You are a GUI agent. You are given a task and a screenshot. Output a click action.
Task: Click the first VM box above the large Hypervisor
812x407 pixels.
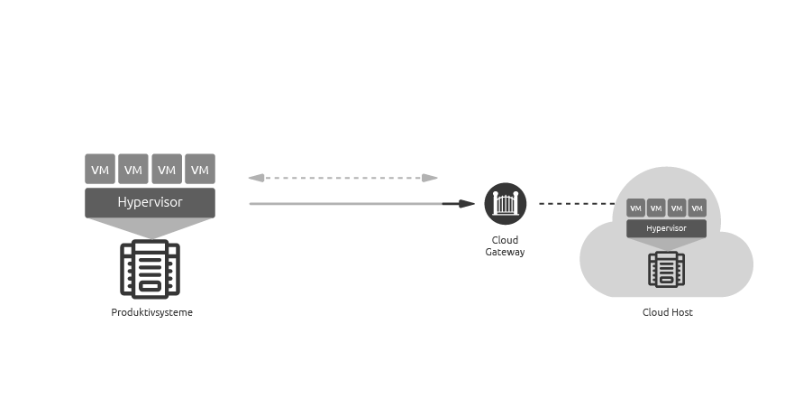[100, 169]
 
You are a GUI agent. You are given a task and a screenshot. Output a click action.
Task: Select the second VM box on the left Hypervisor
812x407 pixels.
[133, 169]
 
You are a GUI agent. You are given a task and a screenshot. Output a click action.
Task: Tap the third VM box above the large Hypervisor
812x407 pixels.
[167, 169]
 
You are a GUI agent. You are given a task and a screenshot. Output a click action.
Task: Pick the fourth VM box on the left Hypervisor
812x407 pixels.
[200, 169]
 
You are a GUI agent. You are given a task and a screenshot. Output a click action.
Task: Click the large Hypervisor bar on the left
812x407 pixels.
[150, 202]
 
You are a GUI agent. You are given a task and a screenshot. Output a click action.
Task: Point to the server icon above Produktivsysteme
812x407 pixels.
[150, 269]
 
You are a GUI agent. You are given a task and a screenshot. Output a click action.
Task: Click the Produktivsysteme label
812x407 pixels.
[151, 312]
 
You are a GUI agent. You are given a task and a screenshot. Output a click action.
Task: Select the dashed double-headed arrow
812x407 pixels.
[342, 178]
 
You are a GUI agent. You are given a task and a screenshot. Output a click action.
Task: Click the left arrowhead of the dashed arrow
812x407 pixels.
[254, 178]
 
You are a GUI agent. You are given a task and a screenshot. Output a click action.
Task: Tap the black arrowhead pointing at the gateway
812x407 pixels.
[466, 204]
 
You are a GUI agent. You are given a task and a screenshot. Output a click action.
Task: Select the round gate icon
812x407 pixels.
[506, 203]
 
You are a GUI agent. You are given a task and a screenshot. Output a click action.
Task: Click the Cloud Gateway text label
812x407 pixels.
[505, 245]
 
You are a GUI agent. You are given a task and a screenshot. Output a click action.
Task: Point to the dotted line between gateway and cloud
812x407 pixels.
[575, 204]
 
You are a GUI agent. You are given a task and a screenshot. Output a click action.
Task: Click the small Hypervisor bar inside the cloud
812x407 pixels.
[666, 228]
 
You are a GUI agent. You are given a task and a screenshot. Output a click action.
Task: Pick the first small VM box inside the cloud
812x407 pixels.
[635, 208]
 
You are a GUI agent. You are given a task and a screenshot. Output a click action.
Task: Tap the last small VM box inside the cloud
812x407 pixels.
[697, 208]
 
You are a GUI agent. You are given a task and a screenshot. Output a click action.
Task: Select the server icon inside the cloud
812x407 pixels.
[667, 269]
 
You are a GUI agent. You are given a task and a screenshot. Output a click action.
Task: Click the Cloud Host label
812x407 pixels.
[667, 312]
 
